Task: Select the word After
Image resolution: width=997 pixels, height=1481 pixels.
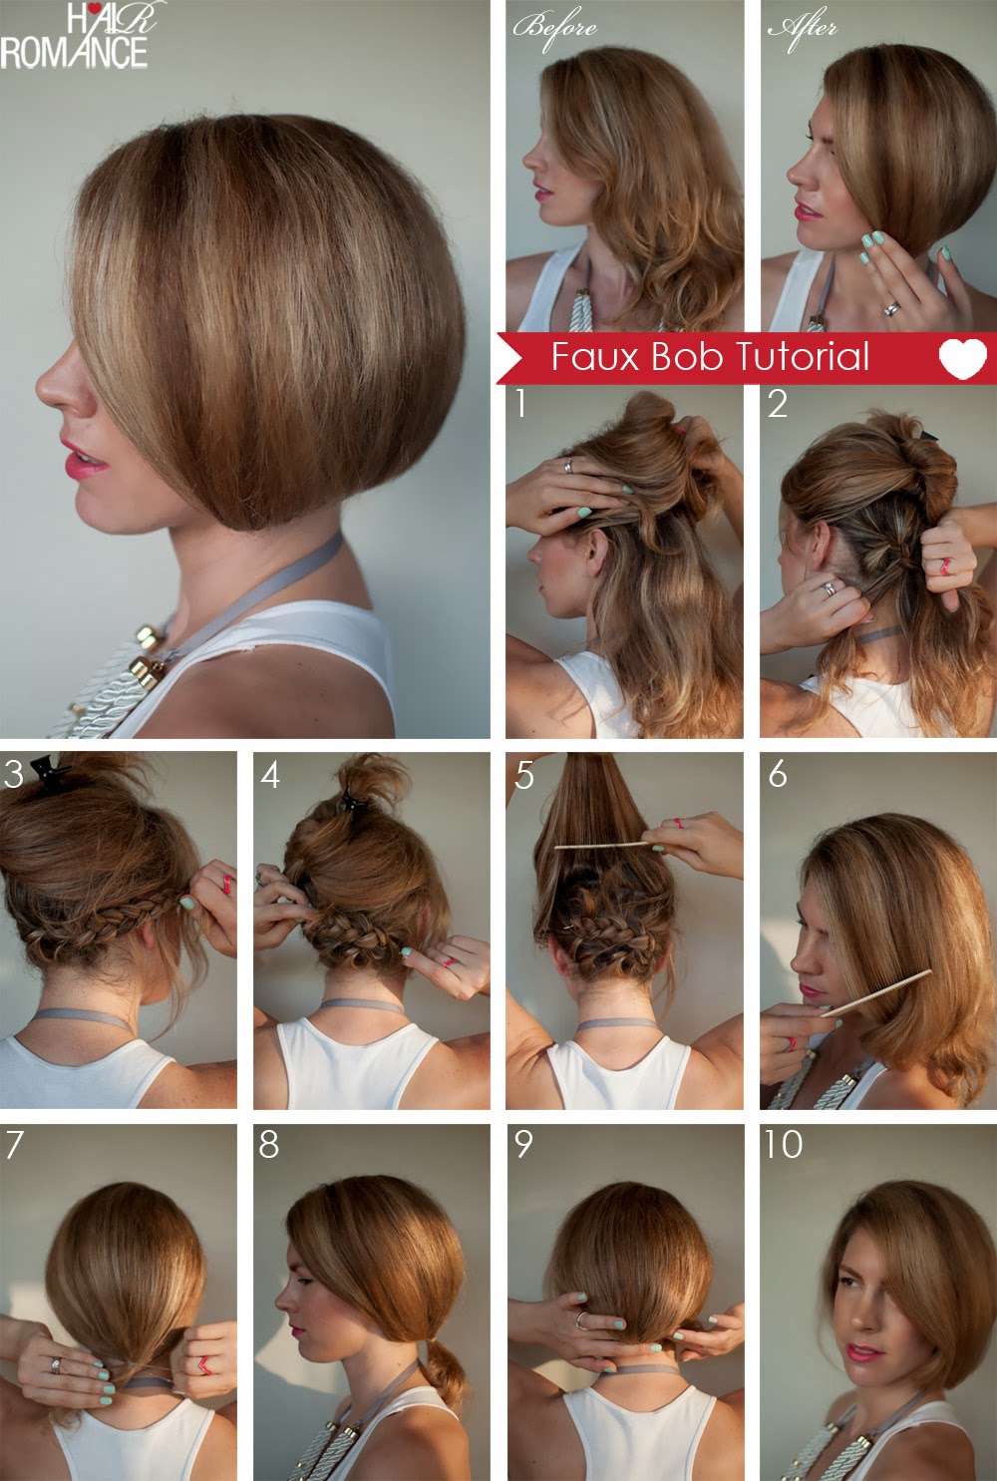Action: (802, 28)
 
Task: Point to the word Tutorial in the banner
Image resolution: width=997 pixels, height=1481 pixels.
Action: (803, 357)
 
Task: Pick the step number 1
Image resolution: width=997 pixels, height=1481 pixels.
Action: (519, 404)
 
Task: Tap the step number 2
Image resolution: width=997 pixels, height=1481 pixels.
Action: (778, 404)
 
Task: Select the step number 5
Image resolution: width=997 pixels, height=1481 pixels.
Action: (524, 775)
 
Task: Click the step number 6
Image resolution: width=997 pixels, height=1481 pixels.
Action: (778, 774)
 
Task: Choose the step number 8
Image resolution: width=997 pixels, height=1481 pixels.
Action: (268, 1144)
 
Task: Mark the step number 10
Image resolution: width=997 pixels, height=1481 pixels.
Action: (783, 1144)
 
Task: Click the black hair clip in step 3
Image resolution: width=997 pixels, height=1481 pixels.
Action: (45, 768)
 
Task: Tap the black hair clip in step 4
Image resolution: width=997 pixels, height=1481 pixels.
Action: (348, 798)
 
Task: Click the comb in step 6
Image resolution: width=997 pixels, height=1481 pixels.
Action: (877, 992)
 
